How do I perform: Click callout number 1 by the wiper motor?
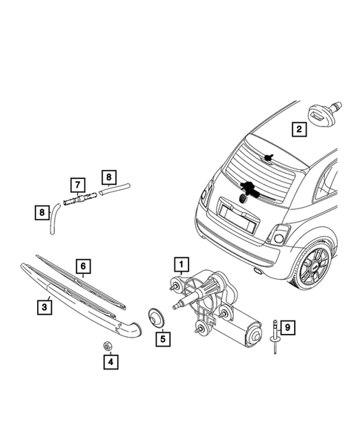[x=178, y=263]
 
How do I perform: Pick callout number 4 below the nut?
[x=109, y=363]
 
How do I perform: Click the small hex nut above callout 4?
[x=107, y=345]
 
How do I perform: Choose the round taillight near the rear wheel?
[x=278, y=236]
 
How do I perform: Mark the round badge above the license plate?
[x=244, y=198]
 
